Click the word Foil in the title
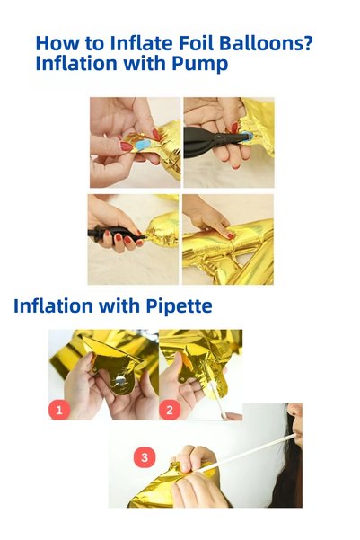tap(196, 43)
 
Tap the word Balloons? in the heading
tap(266, 43)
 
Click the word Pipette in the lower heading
tap(179, 305)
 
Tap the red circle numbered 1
tap(59, 410)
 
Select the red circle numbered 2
tap(170, 410)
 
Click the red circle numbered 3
tap(145, 457)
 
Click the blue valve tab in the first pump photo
tap(143, 145)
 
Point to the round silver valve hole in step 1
tap(120, 380)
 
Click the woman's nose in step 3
tap(294, 411)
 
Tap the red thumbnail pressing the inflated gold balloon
tap(230, 236)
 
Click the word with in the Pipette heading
tap(122, 305)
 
